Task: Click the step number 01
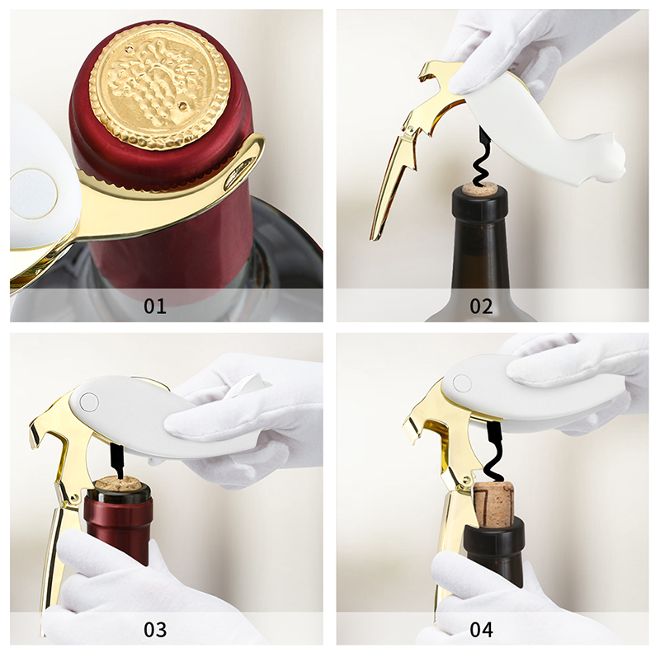coord(155,306)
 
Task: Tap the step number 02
coord(481,306)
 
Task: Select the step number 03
coord(155,629)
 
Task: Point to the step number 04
coord(481,629)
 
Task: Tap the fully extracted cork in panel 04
coord(494,504)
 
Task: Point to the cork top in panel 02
coord(479,190)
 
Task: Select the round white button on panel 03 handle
coord(89,401)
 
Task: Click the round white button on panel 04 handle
coord(462,382)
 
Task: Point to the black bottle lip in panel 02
coord(479,203)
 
